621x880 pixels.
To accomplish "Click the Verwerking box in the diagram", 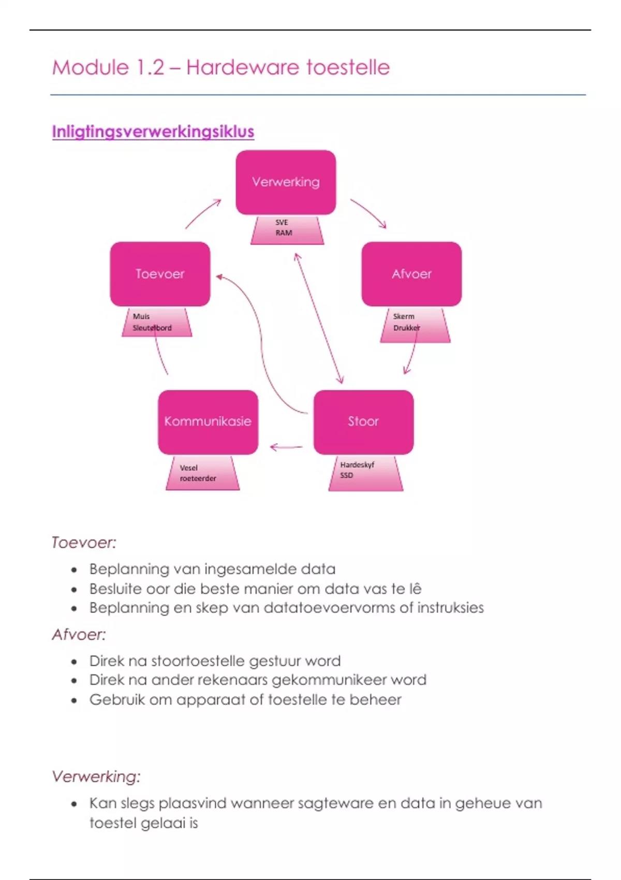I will pyautogui.click(x=286, y=182).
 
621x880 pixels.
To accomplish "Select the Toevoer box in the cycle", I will pyautogui.click(x=160, y=274).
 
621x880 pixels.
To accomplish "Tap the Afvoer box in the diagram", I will pyautogui.click(x=411, y=274).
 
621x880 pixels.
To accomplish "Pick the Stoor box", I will pyautogui.click(x=363, y=422).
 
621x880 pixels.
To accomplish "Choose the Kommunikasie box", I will pyautogui.click(x=208, y=422).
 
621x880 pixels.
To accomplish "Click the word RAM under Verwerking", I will pyautogui.click(x=284, y=233).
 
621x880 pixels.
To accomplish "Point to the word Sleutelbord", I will pyautogui.click(x=152, y=328).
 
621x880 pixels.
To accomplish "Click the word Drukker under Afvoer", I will pyautogui.click(x=406, y=328).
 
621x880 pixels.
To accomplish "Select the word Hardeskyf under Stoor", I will pyautogui.click(x=357, y=465).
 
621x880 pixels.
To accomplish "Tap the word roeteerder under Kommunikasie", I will pyautogui.click(x=198, y=478).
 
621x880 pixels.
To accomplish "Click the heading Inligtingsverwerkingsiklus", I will pyautogui.click(x=153, y=131).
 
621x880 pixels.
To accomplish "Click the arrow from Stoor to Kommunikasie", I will pyautogui.click(x=286, y=447).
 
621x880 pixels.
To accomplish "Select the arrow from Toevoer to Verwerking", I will pyautogui.click(x=203, y=213).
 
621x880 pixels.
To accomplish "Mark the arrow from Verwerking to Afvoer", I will pyautogui.click(x=368, y=213).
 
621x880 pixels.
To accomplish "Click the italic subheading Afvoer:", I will pyautogui.click(x=79, y=635).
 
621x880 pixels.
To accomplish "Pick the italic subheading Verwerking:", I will pyautogui.click(x=96, y=776).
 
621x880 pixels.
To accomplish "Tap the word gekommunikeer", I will pyautogui.click(x=329, y=680).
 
